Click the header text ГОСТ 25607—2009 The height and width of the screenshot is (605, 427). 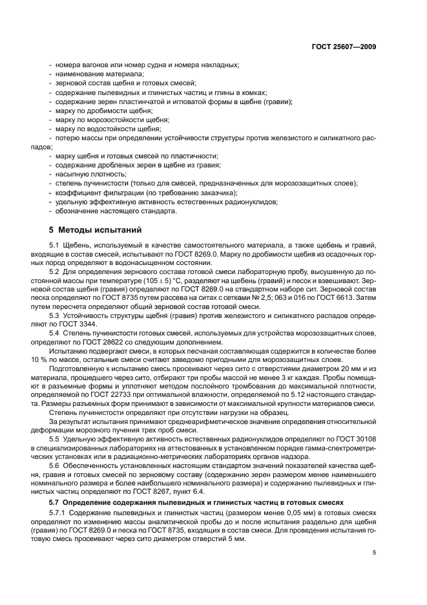(343, 47)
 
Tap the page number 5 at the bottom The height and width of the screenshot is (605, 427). (374, 553)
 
